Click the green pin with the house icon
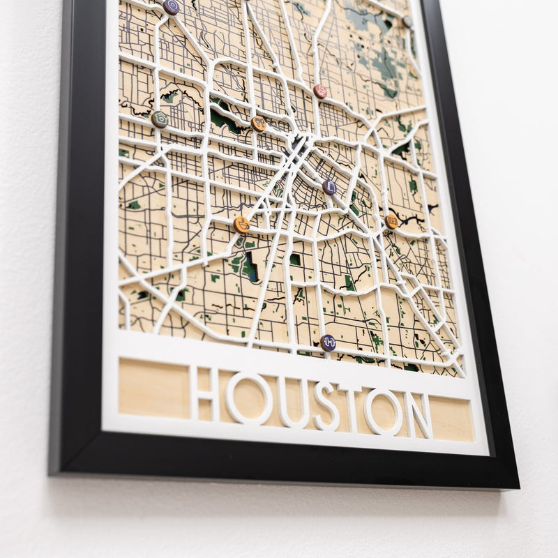[x=160, y=119]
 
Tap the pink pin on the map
[x=320, y=91]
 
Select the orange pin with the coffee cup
[x=241, y=225]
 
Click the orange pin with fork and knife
[x=259, y=124]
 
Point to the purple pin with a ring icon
[x=171, y=7]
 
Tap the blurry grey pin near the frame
[x=407, y=22]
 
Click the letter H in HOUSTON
[x=204, y=395]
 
